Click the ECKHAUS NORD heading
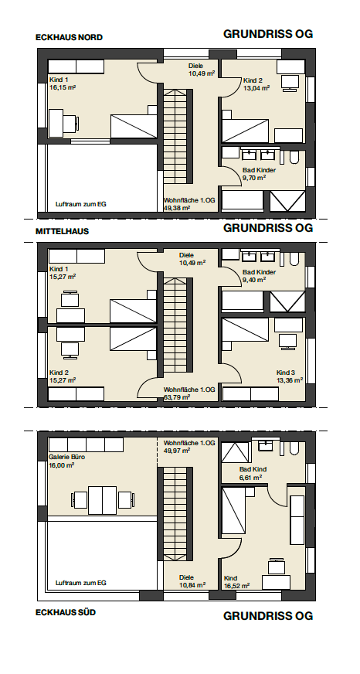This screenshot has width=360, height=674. [69, 37]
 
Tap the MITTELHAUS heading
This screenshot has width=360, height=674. [62, 231]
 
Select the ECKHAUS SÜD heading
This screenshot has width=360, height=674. [66, 612]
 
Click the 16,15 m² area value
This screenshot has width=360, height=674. [63, 87]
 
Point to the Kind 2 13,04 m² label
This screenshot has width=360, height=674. [256, 84]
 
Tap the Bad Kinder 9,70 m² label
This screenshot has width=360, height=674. [259, 174]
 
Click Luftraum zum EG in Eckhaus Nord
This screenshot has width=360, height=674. [81, 204]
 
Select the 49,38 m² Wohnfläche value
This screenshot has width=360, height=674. [177, 208]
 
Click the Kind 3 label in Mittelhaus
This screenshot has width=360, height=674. [285, 373]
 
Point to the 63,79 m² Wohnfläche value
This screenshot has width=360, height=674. [177, 397]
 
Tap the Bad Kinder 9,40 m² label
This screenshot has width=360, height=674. [259, 275]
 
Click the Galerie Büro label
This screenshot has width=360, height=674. [66, 458]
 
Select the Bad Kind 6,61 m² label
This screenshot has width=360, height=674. [253, 473]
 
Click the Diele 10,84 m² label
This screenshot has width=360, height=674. [192, 581]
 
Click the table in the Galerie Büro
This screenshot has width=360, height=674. [102, 500]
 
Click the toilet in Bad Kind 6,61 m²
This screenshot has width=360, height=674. [294, 448]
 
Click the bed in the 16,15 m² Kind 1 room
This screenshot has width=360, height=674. [134, 126]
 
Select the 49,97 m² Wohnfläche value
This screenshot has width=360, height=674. [177, 451]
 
